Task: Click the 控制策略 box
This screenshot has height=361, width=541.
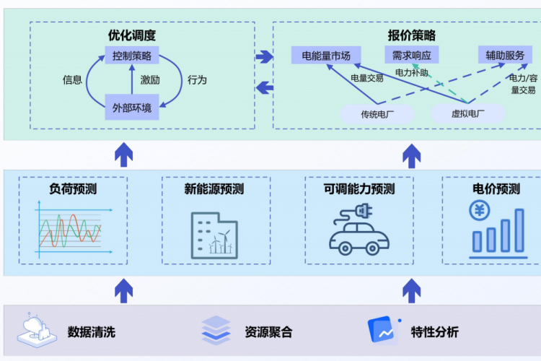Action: pos(132,56)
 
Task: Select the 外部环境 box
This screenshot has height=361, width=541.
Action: pos(132,108)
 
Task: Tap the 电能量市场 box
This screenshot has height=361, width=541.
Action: pos(326,56)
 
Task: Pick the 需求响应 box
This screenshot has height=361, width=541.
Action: pos(411,56)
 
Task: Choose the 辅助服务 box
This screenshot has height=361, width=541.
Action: pos(505,56)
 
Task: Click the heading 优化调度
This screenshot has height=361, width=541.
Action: pos(132,35)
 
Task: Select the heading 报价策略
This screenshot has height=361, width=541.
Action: pos(411,35)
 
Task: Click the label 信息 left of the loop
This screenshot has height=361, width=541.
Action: pos(72,80)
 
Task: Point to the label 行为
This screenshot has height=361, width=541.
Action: pos(197,80)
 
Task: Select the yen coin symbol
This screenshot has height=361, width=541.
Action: pos(480,211)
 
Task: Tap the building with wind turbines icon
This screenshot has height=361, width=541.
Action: pos(214,235)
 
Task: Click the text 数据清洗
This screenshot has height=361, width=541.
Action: pos(92,333)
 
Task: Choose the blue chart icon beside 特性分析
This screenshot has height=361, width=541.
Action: pos(383,331)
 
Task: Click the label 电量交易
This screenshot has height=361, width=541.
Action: pos(367,78)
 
